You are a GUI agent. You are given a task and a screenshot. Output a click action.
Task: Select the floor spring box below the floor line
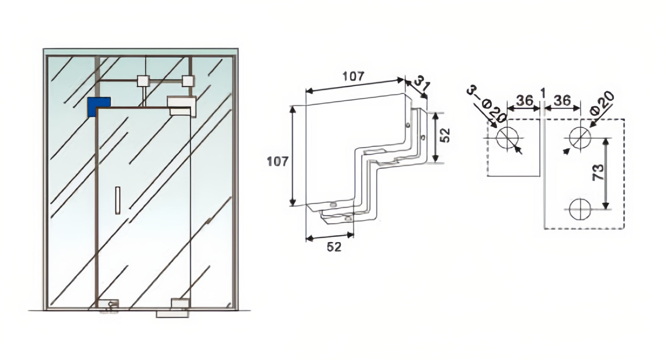[x=172, y=314]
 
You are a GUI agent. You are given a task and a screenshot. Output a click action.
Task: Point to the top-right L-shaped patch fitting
[x=181, y=106]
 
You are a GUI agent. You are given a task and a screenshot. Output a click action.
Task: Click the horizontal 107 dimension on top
[x=353, y=76]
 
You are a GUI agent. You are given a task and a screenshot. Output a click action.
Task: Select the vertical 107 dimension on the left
[x=278, y=162]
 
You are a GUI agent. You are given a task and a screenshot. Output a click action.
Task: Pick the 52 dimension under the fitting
[x=334, y=247]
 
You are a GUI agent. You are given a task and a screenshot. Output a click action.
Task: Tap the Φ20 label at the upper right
[x=602, y=104]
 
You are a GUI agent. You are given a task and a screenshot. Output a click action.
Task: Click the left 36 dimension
[x=524, y=100]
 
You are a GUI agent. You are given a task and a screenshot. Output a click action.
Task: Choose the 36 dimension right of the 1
[x=562, y=100]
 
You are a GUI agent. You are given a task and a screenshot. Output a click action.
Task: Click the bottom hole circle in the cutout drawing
[x=580, y=209]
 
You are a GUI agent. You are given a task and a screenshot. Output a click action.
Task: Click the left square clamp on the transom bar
[x=143, y=81]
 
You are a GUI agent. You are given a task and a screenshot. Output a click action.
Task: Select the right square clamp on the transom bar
[x=188, y=81]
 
